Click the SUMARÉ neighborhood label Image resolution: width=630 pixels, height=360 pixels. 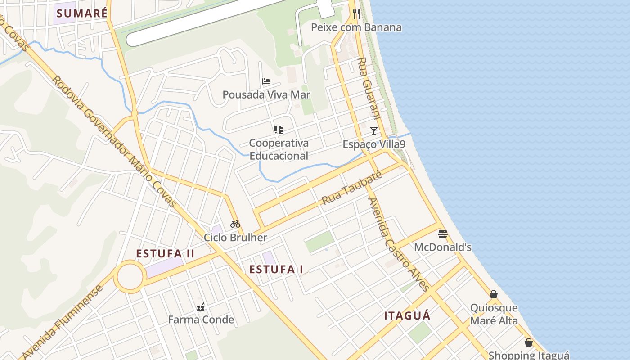pyautogui.click(x=82, y=13)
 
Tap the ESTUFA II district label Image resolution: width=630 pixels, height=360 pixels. pyautogui.click(x=165, y=254)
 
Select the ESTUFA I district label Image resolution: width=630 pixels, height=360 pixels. pyautogui.click(x=276, y=270)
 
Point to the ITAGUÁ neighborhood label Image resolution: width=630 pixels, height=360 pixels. pyautogui.click(x=407, y=316)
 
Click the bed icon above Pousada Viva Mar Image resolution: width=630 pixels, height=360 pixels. pyautogui.click(x=266, y=81)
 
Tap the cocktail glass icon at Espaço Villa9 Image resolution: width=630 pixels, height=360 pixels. pyautogui.click(x=373, y=131)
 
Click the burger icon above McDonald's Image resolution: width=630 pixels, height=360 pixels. pyautogui.click(x=443, y=234)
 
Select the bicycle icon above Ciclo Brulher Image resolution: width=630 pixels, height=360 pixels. pyautogui.click(x=235, y=224)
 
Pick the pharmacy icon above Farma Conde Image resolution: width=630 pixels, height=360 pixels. pyautogui.click(x=201, y=307)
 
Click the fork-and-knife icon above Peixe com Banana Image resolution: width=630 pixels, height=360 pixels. pyautogui.click(x=356, y=14)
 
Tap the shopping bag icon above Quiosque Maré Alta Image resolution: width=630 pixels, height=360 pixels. pyautogui.click(x=494, y=294)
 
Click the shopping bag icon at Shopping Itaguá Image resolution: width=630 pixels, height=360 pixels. pyautogui.click(x=529, y=342)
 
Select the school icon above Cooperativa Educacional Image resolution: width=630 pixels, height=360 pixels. pyautogui.click(x=279, y=130)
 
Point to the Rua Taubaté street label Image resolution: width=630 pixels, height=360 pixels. pyautogui.click(x=351, y=188)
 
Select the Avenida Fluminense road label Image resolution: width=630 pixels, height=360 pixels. pyautogui.click(x=63, y=323)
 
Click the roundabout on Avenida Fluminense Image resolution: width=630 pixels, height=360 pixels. pyautogui.click(x=130, y=276)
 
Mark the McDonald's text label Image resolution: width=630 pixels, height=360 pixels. pyautogui.click(x=443, y=247)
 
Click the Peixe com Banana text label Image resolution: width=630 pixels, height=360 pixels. pyautogui.click(x=356, y=27)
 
